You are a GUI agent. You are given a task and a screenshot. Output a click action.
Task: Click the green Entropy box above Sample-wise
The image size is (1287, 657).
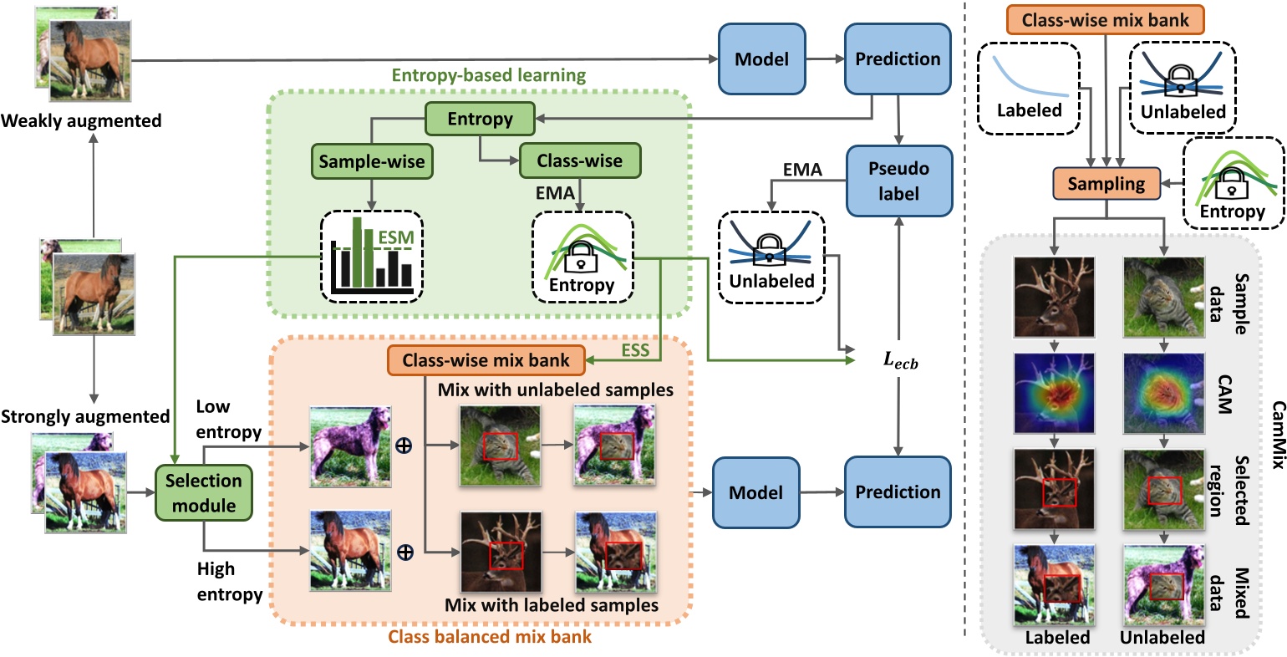[480, 119]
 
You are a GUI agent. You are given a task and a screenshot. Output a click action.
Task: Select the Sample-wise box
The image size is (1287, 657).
[372, 161]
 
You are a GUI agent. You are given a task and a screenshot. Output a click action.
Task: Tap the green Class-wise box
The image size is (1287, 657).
[579, 161]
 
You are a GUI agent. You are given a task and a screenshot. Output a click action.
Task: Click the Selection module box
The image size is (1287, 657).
[203, 493]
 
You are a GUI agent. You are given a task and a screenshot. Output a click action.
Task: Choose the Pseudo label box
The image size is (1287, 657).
[898, 181]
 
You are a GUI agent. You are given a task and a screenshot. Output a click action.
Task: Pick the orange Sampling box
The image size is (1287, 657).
[1106, 184]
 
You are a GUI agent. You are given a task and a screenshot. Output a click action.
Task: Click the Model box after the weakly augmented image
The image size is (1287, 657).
[761, 59]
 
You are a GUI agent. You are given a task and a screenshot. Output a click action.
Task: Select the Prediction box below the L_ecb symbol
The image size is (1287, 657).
[898, 492]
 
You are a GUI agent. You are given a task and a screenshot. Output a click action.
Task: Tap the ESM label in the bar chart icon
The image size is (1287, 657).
[395, 237]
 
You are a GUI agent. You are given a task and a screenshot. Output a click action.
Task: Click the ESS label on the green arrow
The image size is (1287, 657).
[635, 350]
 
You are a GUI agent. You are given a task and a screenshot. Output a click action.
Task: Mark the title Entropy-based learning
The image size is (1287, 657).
[490, 76]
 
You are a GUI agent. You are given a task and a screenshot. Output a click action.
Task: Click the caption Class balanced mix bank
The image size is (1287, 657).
[490, 637]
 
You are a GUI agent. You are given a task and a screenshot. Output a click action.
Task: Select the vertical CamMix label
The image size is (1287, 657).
[1276, 435]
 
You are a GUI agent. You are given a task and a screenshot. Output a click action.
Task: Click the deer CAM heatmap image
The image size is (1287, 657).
[1053, 394]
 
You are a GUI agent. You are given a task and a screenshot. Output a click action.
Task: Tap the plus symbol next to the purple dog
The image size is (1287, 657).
[404, 446]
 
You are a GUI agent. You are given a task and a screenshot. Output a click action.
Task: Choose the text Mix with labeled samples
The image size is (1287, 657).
[551, 604]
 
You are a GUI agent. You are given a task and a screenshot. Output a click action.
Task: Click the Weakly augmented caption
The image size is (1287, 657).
[81, 121]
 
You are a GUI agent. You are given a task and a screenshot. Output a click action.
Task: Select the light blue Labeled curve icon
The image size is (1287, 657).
[1029, 88]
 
